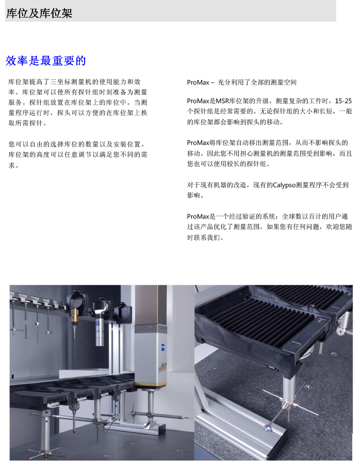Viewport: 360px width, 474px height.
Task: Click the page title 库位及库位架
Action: click(39, 13)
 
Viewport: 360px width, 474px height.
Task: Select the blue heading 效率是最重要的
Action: click(45, 61)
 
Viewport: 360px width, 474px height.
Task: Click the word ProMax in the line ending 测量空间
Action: click(198, 83)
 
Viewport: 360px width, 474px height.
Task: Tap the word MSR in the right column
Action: click(223, 101)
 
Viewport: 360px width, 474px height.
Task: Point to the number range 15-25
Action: click(343, 101)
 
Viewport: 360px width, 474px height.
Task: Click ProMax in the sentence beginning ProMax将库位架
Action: click(198, 143)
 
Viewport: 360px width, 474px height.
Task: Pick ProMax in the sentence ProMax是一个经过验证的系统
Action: click(198, 217)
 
